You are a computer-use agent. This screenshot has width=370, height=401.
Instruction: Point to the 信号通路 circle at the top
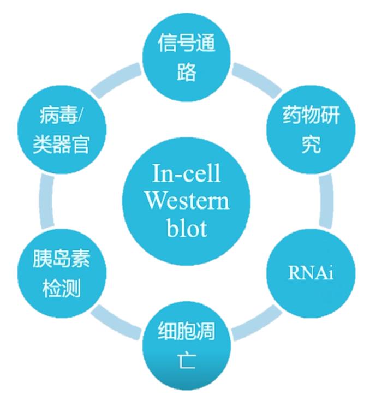pos(187,57)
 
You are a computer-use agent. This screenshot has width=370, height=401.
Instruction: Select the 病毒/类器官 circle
pos(62,130)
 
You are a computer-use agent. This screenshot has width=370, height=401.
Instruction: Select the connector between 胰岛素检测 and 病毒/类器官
pos(47,201)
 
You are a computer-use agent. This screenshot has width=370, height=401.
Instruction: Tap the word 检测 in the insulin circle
pos(62,289)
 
